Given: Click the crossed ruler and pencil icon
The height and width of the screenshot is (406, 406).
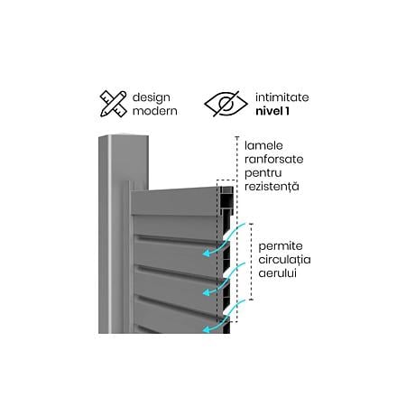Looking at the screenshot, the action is click(113, 104).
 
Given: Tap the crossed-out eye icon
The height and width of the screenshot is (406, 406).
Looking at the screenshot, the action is click(226, 104).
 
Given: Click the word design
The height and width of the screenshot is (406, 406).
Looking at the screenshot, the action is click(151, 97).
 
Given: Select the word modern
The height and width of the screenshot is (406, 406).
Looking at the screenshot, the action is click(155, 111).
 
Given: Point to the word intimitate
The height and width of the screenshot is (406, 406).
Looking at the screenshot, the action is click(281, 97).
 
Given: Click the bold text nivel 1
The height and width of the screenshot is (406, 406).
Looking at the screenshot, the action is click(272, 111).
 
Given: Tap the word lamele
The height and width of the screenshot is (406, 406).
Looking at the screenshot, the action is click(263, 145).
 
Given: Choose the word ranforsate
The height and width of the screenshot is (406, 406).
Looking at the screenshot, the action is click(273, 159).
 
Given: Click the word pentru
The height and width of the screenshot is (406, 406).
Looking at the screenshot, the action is click(263, 173).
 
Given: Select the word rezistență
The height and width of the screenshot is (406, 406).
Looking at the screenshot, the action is click(272, 187).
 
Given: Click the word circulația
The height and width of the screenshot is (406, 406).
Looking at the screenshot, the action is click(284, 260).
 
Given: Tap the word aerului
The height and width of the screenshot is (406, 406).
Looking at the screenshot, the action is click(277, 273).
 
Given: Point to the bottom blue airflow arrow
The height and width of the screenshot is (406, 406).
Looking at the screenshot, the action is click(224, 316).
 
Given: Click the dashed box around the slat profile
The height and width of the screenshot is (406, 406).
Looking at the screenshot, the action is click(226, 180).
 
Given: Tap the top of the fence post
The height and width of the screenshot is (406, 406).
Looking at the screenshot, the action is click(125, 137).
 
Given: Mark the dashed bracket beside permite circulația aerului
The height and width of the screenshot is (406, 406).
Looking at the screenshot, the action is click(251, 262).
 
